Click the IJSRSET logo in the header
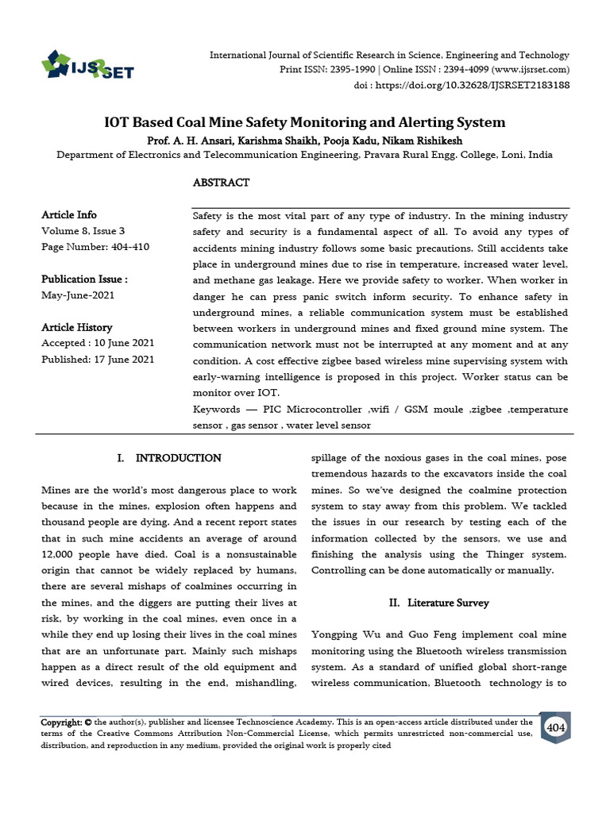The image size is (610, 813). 87,65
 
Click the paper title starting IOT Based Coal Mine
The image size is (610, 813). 304,122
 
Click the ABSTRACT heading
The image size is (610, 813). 221,183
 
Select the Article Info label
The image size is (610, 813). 68,215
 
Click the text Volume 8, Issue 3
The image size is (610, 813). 83,231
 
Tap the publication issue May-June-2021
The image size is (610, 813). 79,295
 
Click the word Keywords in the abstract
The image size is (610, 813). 216,409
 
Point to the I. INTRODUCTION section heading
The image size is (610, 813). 169,458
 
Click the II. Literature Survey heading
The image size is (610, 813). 439,603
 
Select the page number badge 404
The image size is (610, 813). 555,727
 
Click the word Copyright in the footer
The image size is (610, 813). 60,722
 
